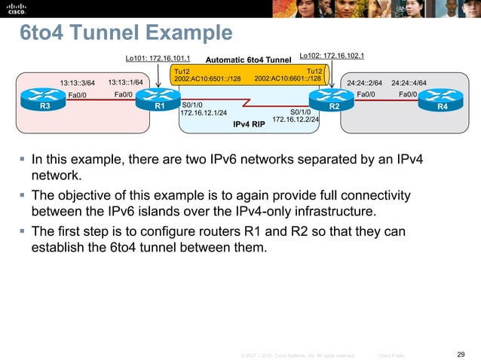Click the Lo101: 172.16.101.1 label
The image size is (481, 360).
coord(158,57)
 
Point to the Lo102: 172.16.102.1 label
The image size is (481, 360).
coord(332,55)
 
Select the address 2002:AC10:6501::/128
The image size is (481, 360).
coord(207,78)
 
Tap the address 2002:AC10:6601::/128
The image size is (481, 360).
coord(289,78)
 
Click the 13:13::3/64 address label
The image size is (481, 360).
coord(78,83)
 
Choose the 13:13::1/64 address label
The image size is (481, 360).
coord(126,82)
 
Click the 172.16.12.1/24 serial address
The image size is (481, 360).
coord(204,113)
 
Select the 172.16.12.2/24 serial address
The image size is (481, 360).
coord(296,119)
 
